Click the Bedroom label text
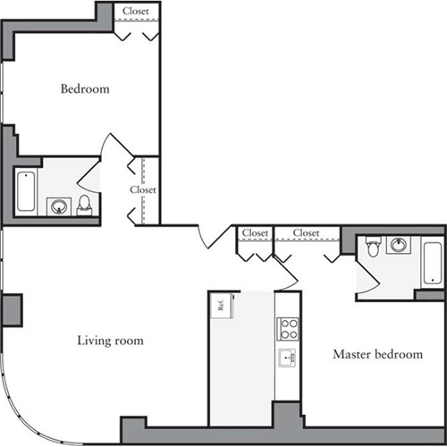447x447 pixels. click(85, 89)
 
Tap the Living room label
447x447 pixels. click(110, 341)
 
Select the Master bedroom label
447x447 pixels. click(377, 354)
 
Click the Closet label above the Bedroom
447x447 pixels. click(136, 12)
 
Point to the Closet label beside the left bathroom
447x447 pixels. click(143, 190)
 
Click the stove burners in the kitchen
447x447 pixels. click(288, 328)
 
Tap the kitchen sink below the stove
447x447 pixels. click(287, 360)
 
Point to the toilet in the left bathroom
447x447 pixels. click(85, 205)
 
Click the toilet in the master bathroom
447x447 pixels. click(373, 244)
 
